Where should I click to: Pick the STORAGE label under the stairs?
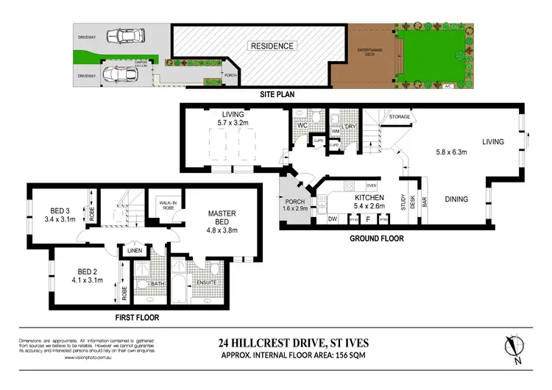(x=399, y=116)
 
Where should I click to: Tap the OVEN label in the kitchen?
(x=371, y=185)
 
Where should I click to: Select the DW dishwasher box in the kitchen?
(x=333, y=218)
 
